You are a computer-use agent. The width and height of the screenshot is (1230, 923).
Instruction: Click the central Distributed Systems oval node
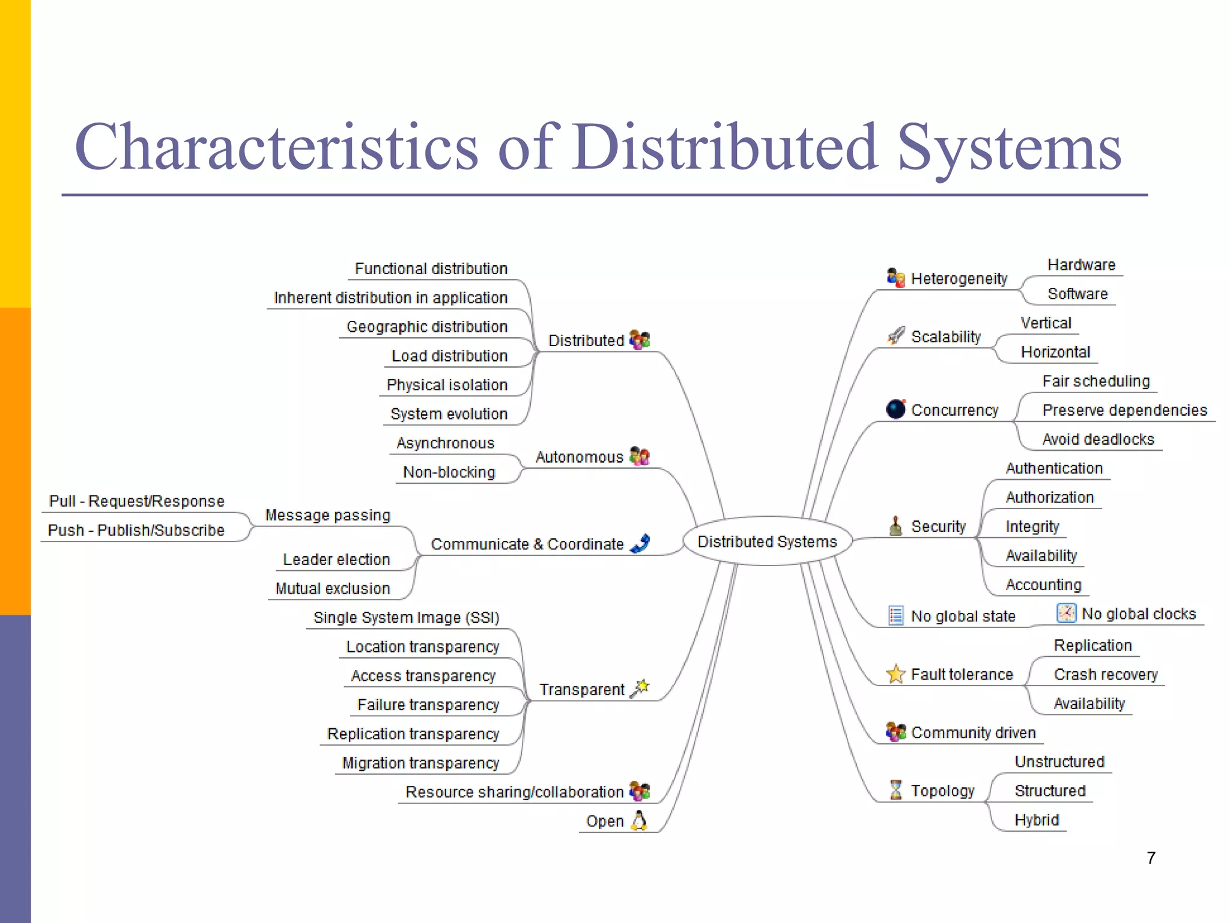(767, 541)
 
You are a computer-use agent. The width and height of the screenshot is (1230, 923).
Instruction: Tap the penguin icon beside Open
(640, 820)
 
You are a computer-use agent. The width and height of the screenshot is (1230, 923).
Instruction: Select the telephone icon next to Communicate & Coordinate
(640, 543)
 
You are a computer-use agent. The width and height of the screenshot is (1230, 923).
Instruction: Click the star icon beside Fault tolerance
(895, 674)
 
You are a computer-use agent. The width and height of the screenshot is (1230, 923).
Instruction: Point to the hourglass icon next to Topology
(895, 790)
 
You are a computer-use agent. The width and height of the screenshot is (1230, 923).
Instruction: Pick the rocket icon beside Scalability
(896, 335)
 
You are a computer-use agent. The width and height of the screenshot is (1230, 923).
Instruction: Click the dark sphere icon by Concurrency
(895, 409)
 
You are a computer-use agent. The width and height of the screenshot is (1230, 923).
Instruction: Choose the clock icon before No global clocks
(1066, 613)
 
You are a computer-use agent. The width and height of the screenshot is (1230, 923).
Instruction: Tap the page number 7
(1151, 858)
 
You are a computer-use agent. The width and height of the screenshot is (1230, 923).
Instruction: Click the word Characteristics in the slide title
(276, 147)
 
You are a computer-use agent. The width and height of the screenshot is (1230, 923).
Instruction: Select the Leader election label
(336, 559)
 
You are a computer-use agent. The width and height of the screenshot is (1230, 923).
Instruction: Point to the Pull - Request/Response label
(137, 501)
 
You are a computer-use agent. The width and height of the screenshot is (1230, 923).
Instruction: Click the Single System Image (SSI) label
(406, 618)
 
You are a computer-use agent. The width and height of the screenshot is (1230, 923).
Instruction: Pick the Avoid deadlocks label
(1098, 439)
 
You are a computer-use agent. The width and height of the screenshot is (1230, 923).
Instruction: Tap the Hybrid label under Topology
(1037, 820)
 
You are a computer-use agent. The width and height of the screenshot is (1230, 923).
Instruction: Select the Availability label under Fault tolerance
(1089, 703)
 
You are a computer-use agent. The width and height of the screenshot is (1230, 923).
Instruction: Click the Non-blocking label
(449, 472)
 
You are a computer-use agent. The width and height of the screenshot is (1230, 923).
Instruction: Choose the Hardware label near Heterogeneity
(1081, 265)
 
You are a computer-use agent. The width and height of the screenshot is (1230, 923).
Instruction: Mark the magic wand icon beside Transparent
(640, 688)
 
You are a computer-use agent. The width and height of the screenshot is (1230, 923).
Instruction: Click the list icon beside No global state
(895, 615)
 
